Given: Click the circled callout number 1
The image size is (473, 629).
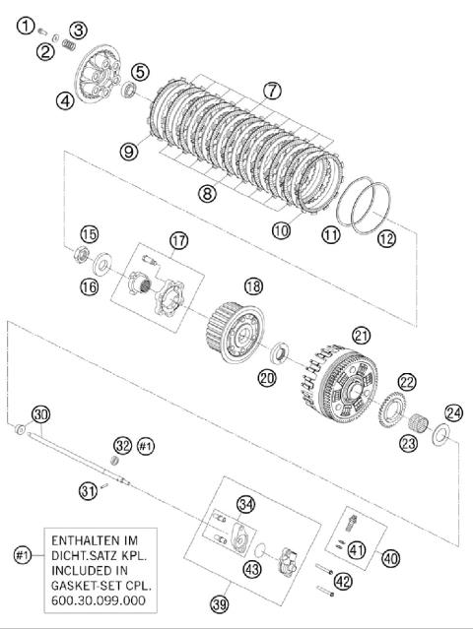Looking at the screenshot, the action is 26,26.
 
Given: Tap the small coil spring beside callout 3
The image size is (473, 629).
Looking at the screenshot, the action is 69,45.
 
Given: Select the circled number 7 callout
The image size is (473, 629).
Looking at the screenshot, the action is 272,91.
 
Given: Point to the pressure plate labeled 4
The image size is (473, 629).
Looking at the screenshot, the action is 98,74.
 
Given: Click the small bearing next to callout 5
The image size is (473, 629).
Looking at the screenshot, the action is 129,89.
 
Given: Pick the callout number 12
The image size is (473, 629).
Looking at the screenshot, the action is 386,238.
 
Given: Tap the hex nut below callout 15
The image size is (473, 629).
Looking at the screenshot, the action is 82,255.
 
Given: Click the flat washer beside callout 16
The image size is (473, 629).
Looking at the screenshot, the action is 102,264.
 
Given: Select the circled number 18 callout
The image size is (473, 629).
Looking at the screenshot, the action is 253,286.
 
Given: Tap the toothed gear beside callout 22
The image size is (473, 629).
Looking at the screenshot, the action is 392,411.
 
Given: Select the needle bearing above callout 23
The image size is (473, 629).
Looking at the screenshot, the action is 418,422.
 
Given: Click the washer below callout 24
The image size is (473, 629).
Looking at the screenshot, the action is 441,434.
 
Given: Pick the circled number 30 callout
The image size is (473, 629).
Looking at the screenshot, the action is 41,414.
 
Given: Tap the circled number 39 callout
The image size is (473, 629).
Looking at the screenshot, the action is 219,603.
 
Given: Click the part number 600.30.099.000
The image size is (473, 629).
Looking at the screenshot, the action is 98,600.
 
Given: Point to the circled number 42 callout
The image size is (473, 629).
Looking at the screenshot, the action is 343,582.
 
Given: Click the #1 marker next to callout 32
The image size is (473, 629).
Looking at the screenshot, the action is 146,446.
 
